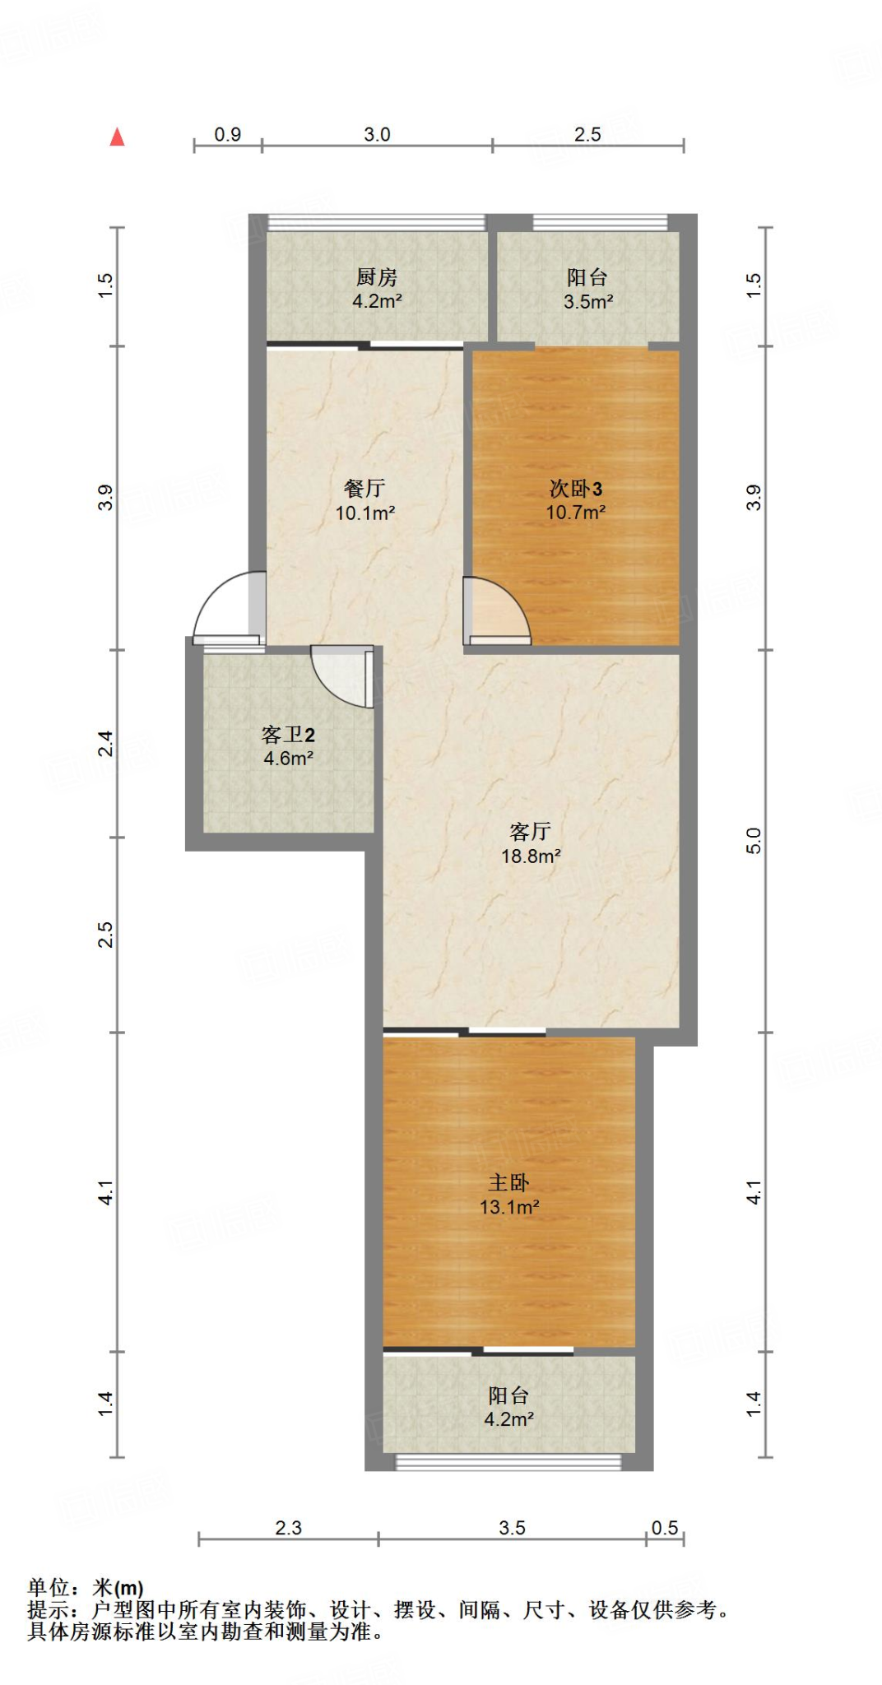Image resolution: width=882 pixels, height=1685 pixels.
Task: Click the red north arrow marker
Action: (118, 137)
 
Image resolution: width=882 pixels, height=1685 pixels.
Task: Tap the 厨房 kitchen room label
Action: (377, 278)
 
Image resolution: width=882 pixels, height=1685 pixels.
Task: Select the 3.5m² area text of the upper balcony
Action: (587, 302)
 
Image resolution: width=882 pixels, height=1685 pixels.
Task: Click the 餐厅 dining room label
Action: (364, 489)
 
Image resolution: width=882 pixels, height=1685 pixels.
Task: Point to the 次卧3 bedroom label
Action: (576, 489)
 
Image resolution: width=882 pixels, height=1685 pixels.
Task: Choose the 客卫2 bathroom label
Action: (288, 735)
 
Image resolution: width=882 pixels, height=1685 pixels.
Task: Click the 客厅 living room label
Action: (531, 832)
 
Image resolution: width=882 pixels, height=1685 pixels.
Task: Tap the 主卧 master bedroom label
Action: (508, 1183)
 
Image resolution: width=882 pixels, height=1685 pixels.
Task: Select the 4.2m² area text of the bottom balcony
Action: (508, 1419)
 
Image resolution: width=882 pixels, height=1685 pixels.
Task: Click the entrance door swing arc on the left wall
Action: (223, 605)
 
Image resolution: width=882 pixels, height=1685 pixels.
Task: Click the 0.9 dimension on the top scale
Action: (228, 134)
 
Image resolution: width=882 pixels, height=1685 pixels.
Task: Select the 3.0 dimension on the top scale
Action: (377, 134)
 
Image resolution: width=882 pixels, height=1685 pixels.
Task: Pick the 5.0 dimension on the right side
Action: (754, 841)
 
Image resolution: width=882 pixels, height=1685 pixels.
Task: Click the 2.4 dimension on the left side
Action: (105, 744)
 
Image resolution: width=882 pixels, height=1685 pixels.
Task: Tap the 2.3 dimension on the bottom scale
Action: (288, 1528)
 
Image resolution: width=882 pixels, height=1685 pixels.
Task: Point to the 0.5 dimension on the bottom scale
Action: (665, 1528)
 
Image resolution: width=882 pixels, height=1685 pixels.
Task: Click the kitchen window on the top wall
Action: (377, 222)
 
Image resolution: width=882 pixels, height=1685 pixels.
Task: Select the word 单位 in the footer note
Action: (49, 1587)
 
